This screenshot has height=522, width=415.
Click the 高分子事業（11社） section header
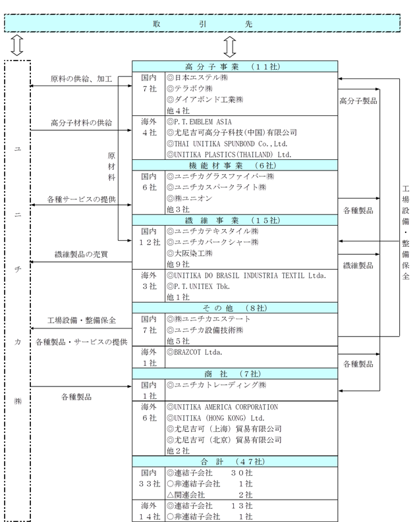click(x=235, y=66)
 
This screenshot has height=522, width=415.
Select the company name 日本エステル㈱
click(x=198, y=77)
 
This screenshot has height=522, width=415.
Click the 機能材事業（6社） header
click(x=235, y=165)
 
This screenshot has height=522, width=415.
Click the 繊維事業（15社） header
click(x=235, y=220)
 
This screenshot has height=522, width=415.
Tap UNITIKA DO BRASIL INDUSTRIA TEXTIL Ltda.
click(x=248, y=275)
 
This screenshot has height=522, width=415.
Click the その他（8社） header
click(x=235, y=307)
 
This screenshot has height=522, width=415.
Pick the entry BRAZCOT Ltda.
click(x=195, y=352)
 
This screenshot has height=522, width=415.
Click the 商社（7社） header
click(x=235, y=373)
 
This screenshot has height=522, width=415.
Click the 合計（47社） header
click(x=235, y=461)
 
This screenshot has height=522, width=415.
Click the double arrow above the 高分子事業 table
click(x=229, y=46)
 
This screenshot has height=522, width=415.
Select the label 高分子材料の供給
click(x=82, y=122)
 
